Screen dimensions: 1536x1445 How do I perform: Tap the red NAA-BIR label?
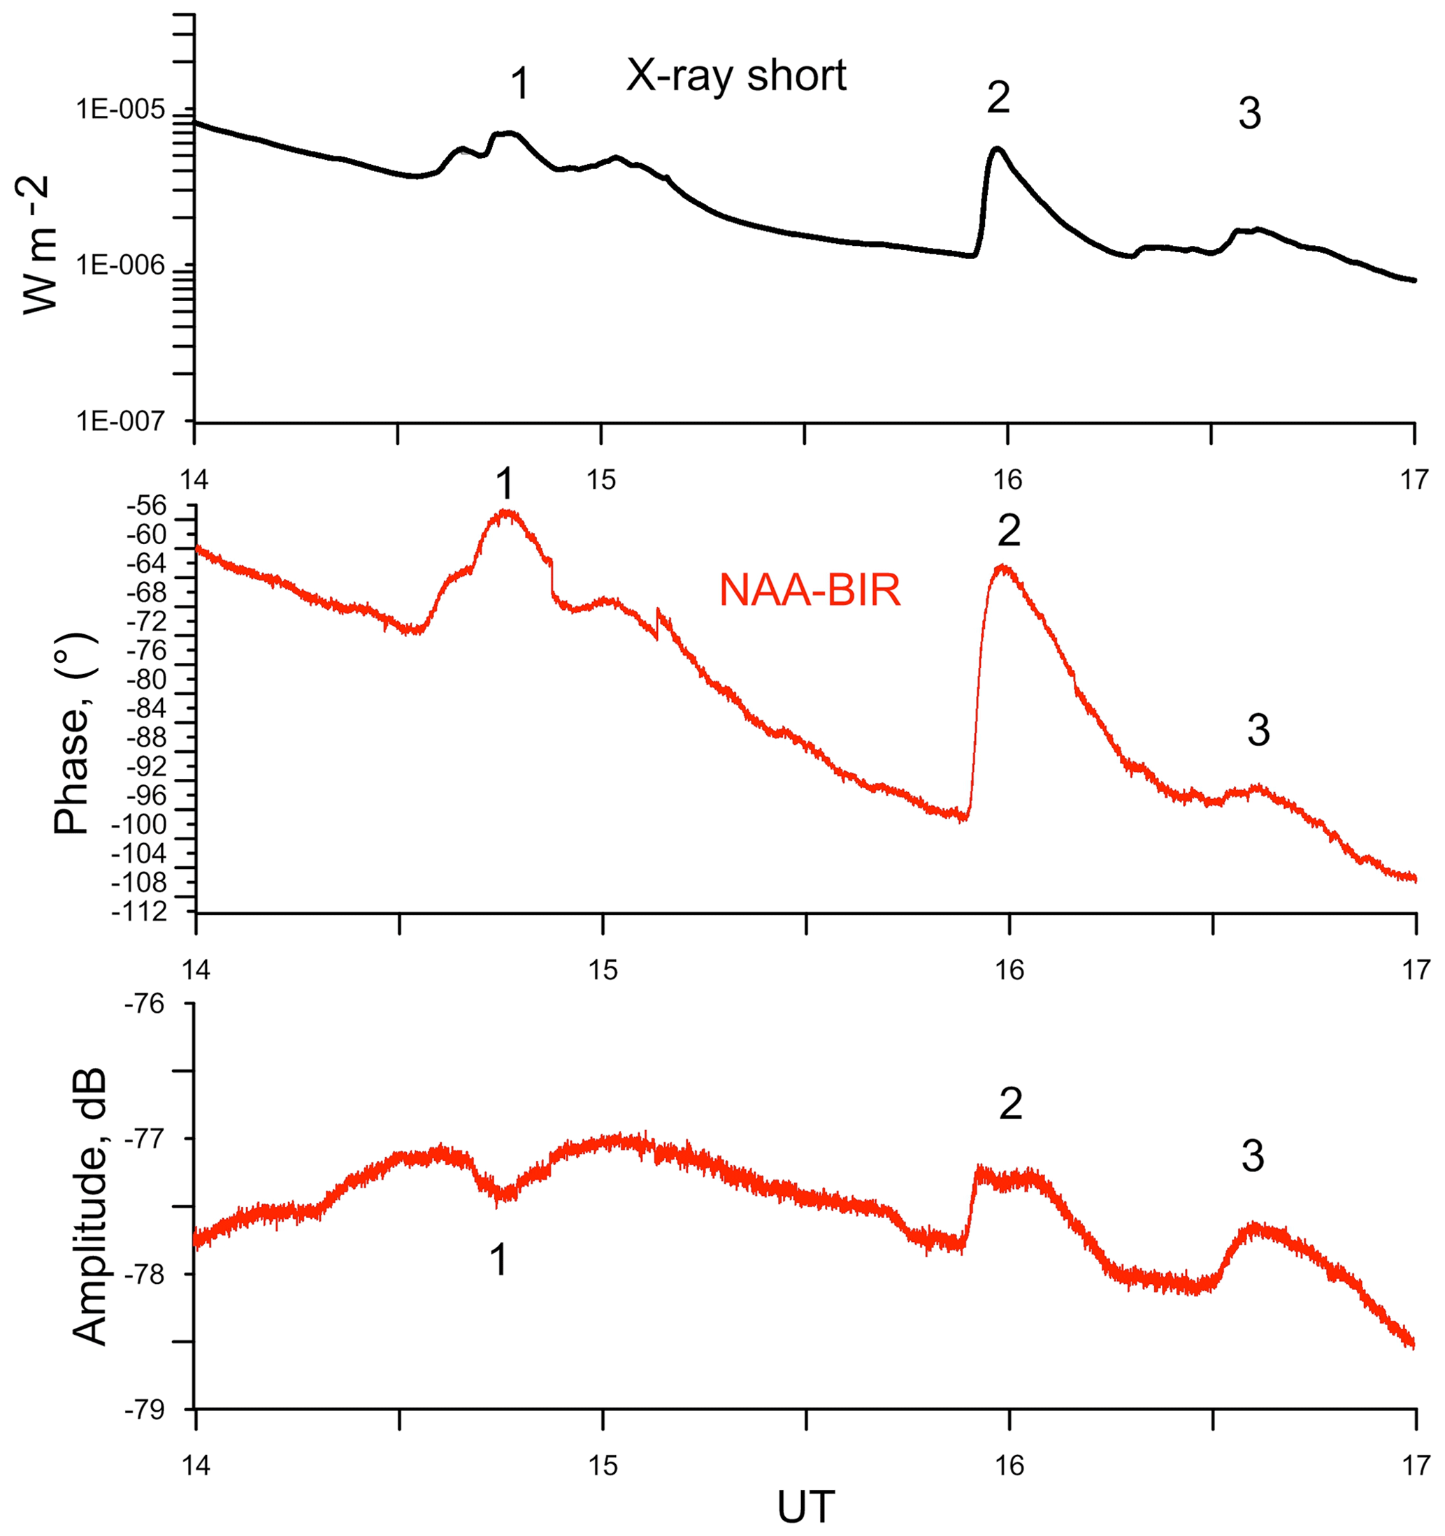click(810, 591)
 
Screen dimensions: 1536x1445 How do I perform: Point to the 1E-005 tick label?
click(121, 110)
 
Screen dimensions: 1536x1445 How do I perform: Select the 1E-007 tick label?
click(121, 421)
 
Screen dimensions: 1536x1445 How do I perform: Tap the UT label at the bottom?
click(805, 1507)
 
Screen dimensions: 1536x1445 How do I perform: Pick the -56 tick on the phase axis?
click(150, 506)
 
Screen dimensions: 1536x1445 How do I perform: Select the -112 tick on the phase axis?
click(139, 912)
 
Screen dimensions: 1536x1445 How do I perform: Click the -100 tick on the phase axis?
click(139, 825)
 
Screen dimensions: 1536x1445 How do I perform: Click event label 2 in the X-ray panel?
click(998, 98)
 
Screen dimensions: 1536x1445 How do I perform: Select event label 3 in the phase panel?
click(1258, 730)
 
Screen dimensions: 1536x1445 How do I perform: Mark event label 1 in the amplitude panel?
click(499, 1259)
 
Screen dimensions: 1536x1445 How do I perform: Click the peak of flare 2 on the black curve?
click(998, 148)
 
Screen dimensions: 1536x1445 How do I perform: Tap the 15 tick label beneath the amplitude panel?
click(603, 1465)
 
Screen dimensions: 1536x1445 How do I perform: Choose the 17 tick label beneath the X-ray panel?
click(1415, 480)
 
